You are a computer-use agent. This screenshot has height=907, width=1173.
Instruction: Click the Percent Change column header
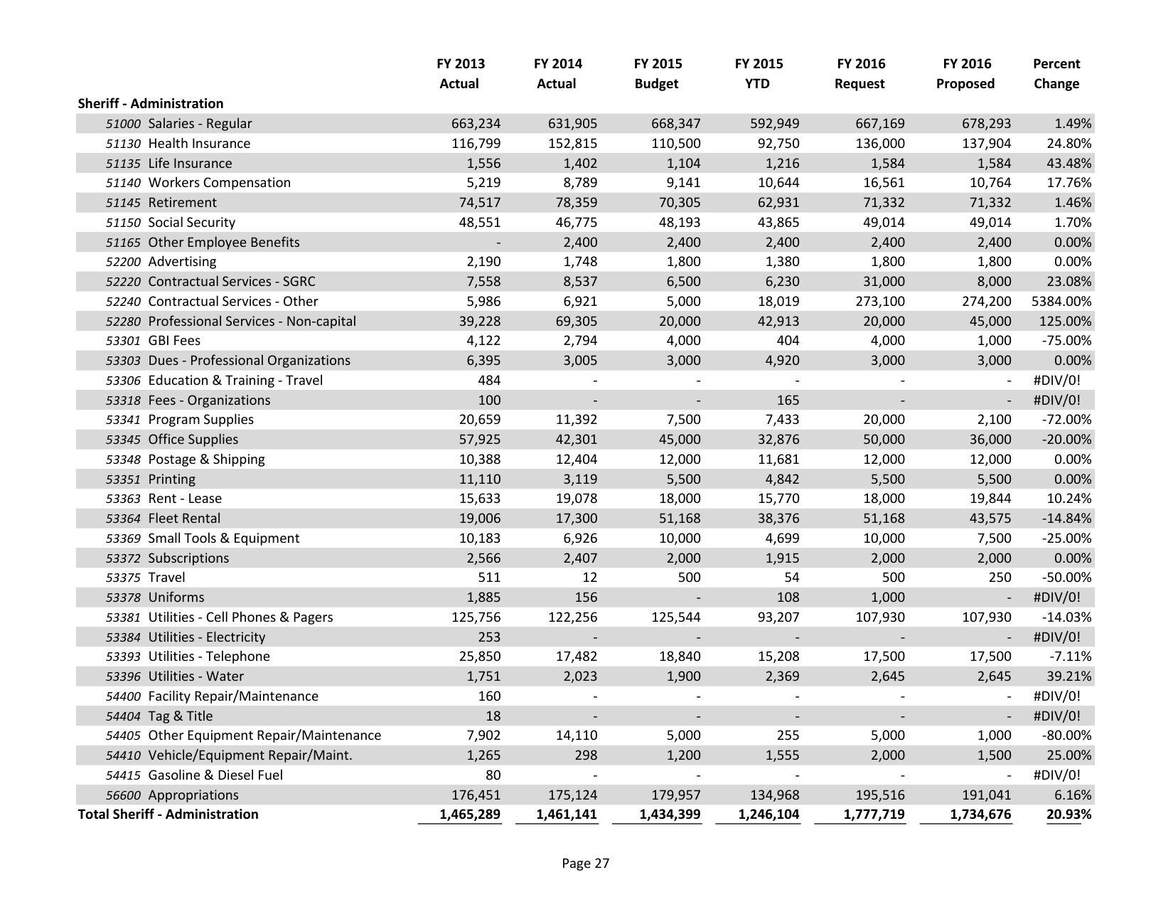point(1056,74)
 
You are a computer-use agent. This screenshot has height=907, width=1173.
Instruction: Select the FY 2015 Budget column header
point(657,74)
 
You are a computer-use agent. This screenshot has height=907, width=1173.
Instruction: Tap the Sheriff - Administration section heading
point(150,104)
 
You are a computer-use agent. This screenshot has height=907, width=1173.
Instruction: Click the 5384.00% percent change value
point(1061,302)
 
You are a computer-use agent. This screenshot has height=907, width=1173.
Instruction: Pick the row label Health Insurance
point(199,144)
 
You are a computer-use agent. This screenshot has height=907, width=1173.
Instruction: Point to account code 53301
point(123,341)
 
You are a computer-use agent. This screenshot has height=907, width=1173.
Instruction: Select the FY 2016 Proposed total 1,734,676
point(980,815)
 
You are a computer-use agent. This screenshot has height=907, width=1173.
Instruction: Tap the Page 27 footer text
point(585,864)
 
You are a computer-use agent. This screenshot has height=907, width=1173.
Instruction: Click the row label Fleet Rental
point(184,519)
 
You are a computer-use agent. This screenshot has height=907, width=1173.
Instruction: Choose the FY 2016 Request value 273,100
point(880,302)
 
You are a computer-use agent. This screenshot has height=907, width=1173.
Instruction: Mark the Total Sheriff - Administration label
point(168,815)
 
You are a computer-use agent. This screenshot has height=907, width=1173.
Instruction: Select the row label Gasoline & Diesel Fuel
point(215,775)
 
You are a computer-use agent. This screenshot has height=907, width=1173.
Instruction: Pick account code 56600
point(123,795)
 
